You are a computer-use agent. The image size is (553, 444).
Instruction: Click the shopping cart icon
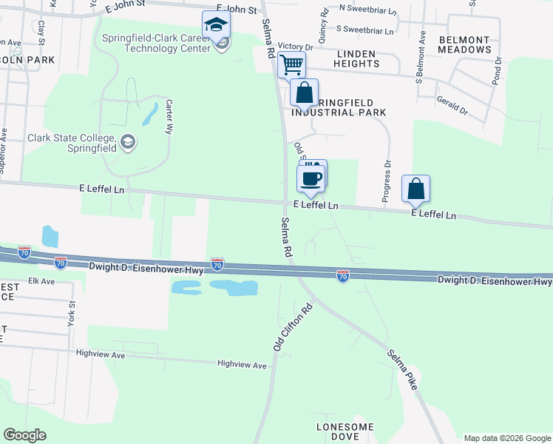292,64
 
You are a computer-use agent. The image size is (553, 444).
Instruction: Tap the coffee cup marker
311,178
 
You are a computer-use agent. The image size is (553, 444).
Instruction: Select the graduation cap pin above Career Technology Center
216,26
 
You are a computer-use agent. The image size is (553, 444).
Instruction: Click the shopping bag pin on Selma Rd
304,93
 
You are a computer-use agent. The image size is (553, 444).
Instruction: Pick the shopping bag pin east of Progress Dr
416,189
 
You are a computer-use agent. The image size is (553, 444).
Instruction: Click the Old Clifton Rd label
293,326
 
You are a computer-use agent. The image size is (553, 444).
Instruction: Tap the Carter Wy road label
169,116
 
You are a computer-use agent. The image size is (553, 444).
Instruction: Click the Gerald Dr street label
452,104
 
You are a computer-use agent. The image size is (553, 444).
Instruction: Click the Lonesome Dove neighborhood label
345,432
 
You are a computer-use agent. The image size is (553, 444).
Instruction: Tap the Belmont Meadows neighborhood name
464,44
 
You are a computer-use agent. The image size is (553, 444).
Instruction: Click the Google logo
24,435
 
